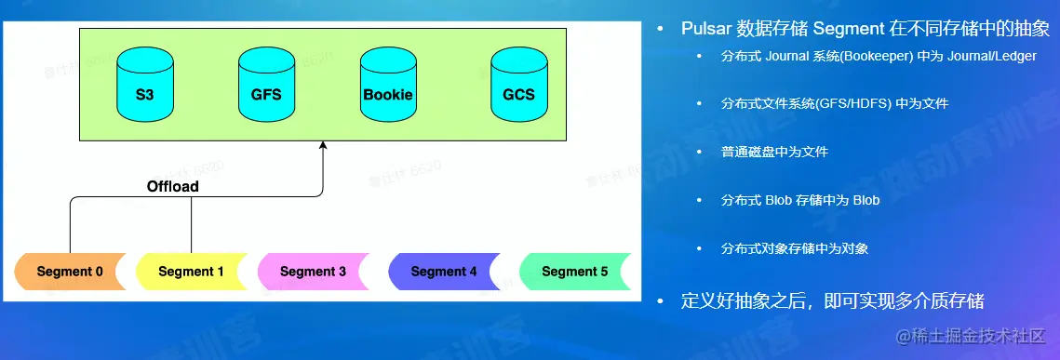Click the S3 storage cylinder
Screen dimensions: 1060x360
(144, 85)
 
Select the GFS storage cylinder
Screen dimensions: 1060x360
(266, 85)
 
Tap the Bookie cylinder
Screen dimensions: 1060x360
(388, 85)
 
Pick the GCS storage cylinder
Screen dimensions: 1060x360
(518, 85)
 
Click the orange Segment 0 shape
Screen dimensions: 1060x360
(71, 272)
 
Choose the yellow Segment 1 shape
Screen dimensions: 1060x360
(192, 272)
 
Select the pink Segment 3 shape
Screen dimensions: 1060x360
(313, 272)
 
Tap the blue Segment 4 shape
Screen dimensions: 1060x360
(444, 272)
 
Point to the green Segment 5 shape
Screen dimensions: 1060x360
(574, 272)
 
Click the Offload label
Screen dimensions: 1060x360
(173, 186)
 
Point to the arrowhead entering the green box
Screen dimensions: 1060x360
(323, 144)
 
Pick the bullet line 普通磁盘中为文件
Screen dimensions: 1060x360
(774, 152)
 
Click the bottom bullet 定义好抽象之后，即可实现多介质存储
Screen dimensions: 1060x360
(833, 301)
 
